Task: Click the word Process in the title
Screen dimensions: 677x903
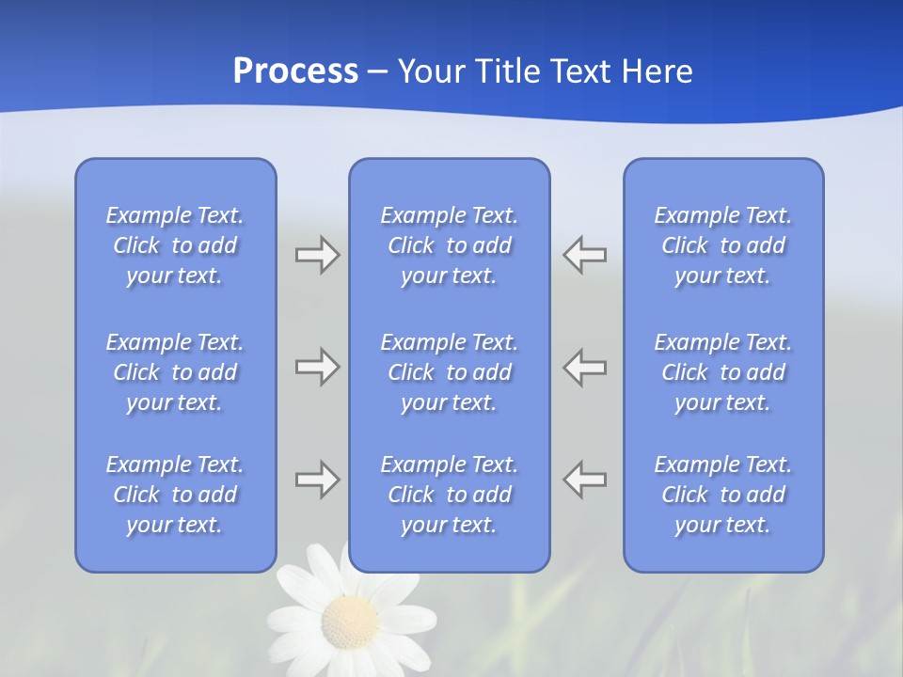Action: [x=295, y=71]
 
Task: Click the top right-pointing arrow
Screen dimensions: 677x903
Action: [x=317, y=255]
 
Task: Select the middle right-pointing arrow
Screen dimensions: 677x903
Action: [x=317, y=367]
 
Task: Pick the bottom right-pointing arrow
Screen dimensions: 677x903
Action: [x=317, y=480]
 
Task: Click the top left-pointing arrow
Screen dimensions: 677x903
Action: [x=585, y=255]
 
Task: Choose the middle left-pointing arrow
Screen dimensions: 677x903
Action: [x=585, y=367]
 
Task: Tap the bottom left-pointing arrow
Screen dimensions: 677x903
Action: [x=585, y=480]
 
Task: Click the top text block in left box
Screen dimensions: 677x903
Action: [x=175, y=245]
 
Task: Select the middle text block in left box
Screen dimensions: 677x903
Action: [x=175, y=372]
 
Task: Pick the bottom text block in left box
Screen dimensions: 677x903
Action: [x=175, y=495]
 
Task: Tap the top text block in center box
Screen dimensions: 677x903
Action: [x=450, y=245]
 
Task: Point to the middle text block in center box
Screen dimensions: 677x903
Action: [x=450, y=372]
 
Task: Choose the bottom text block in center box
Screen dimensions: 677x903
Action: [x=450, y=495]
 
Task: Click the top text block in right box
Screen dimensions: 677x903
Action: [x=723, y=245]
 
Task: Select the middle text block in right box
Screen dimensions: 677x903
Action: [x=723, y=372]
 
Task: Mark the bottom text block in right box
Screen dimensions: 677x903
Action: [x=723, y=495]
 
